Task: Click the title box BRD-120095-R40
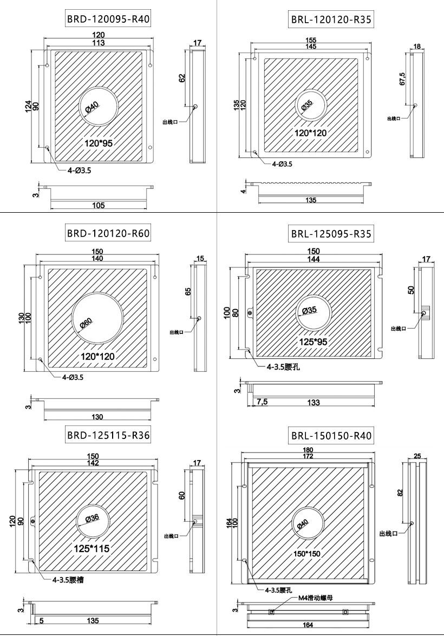(x=108, y=20)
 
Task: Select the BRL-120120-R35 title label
(x=331, y=21)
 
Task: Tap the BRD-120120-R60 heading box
(x=108, y=234)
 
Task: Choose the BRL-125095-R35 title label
(x=331, y=234)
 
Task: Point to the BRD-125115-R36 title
(x=108, y=435)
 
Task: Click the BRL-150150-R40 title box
(x=331, y=436)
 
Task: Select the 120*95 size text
(x=99, y=143)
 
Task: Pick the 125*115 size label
(x=92, y=548)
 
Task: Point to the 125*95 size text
(x=314, y=342)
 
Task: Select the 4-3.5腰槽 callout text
(x=68, y=580)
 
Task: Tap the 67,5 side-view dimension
(x=401, y=76)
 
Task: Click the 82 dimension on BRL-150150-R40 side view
(x=400, y=493)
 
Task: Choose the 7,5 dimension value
(x=262, y=402)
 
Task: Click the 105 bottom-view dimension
(x=99, y=205)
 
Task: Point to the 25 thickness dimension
(x=417, y=456)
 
